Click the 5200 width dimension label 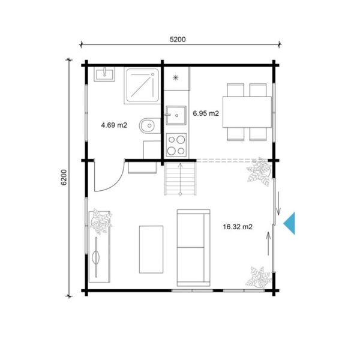pos(178,40)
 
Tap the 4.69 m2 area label pos(113,125)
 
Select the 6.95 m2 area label pos(205,113)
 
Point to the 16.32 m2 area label pos(237,227)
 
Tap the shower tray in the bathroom pos(142,85)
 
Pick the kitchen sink pos(175,115)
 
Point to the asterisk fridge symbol pos(176,78)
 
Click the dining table pos(247,112)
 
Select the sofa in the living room pos(193,247)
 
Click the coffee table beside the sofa pos(151,248)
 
